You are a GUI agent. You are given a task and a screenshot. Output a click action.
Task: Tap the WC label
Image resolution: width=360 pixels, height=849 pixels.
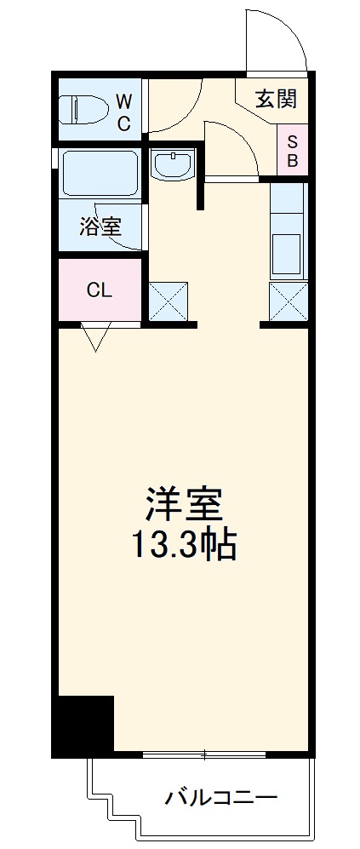point(124,111)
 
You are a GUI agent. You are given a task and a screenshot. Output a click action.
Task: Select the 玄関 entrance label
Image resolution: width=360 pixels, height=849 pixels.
point(277,99)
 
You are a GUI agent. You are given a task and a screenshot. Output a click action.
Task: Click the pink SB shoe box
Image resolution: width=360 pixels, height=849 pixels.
point(291,150)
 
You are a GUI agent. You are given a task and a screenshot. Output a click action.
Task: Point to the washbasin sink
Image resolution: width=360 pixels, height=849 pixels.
point(174,164)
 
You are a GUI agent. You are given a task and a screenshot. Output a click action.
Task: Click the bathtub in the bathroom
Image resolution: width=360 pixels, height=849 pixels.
point(100,175)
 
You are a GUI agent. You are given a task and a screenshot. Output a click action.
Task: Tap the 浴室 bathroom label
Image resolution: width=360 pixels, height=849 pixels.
point(100,227)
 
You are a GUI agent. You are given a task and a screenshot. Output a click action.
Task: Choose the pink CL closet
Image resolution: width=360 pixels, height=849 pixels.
point(99,290)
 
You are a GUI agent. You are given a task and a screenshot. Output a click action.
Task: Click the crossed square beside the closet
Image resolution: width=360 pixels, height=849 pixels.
point(169,301)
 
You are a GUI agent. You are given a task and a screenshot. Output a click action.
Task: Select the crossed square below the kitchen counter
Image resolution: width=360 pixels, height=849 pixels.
point(288,301)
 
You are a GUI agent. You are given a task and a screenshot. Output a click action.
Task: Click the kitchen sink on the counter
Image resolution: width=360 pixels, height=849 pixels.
point(287,251)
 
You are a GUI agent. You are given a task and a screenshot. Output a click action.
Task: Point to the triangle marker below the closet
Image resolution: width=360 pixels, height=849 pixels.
point(94,337)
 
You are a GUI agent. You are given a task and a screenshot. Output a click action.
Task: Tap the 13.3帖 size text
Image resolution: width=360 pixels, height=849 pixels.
point(182,546)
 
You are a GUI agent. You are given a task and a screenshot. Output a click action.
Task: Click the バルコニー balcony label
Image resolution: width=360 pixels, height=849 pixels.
point(220,798)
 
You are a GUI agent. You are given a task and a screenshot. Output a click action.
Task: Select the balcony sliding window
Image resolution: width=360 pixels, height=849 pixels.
point(205,754)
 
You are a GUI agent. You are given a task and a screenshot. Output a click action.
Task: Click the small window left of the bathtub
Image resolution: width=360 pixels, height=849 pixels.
point(54,159)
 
